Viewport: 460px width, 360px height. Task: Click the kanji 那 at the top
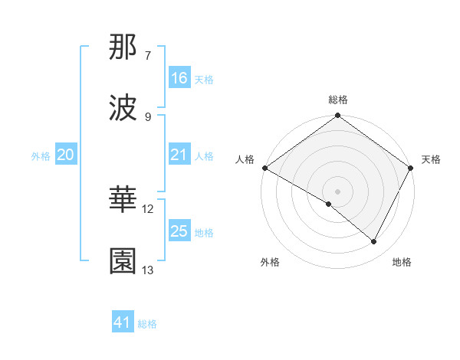[x=123, y=47]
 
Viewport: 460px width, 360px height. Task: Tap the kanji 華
[x=123, y=201]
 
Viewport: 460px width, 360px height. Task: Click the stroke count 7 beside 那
[x=148, y=56]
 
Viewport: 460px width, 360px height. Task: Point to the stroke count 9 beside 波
[x=148, y=116]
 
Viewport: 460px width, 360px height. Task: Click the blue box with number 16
[x=179, y=78]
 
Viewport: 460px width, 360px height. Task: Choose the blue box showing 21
[x=179, y=155]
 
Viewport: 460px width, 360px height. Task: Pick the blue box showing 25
[x=179, y=231]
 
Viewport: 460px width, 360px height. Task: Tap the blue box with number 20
[x=65, y=155]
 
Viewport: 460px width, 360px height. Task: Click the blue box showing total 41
[x=123, y=323]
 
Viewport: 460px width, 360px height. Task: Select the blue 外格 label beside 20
[x=41, y=155]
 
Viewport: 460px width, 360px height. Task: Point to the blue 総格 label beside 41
[x=147, y=324]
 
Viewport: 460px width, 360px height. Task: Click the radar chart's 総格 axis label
[x=338, y=100]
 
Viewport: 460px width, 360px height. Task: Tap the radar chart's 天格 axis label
[x=431, y=159]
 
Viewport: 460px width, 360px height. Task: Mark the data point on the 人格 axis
[x=264, y=168]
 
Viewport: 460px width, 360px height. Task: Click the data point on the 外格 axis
[x=329, y=204]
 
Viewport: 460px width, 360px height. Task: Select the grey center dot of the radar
[x=338, y=191]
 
